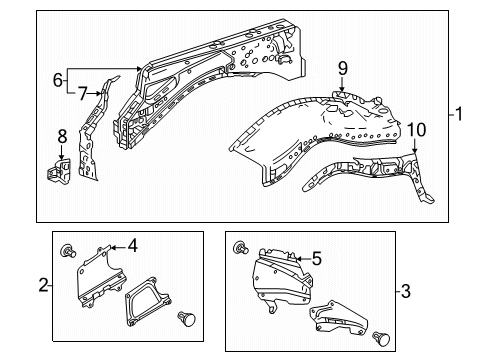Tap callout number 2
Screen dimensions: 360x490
[x=42, y=286]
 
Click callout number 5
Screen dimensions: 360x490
[x=316, y=256]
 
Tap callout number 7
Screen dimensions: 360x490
[x=82, y=93]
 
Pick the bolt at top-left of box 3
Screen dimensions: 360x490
[x=241, y=250]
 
